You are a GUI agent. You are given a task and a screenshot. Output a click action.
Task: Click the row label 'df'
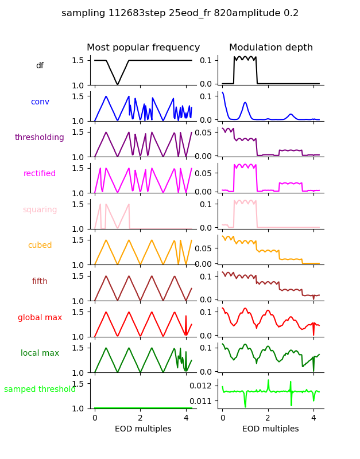tap(40, 66)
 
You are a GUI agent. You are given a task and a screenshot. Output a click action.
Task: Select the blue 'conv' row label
tap(40, 102)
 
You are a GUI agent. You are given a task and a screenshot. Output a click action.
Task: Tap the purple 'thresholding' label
tap(40, 138)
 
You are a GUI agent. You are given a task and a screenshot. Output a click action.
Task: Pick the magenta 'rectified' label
tap(40, 174)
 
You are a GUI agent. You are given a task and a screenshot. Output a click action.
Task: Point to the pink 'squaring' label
tap(40, 210)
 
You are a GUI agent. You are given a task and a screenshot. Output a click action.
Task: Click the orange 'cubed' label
tap(40, 246)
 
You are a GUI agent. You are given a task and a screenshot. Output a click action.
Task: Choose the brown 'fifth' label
tap(40, 282)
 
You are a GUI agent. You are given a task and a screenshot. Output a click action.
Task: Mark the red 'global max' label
tap(40, 317)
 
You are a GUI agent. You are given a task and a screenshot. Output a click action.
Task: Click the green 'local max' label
tap(40, 353)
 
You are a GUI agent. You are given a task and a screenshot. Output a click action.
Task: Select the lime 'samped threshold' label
tap(40, 390)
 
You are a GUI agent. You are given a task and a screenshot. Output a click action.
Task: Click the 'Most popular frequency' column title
tap(143, 48)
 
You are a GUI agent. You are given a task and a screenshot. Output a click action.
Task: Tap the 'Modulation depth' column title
tap(270, 48)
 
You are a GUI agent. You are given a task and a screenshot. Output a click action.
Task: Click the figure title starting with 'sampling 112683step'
tap(180, 13)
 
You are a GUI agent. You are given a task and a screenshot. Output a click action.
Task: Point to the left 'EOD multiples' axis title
tap(143, 429)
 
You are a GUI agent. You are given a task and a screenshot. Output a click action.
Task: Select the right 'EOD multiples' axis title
tap(270, 429)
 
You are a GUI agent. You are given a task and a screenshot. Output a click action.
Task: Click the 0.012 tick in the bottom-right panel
tap(205, 385)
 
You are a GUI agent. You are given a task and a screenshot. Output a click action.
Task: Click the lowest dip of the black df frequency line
tap(118, 85)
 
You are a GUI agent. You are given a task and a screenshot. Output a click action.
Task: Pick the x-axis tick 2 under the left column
tap(140, 418)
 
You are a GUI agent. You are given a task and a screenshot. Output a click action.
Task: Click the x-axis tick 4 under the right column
tap(313, 418)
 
